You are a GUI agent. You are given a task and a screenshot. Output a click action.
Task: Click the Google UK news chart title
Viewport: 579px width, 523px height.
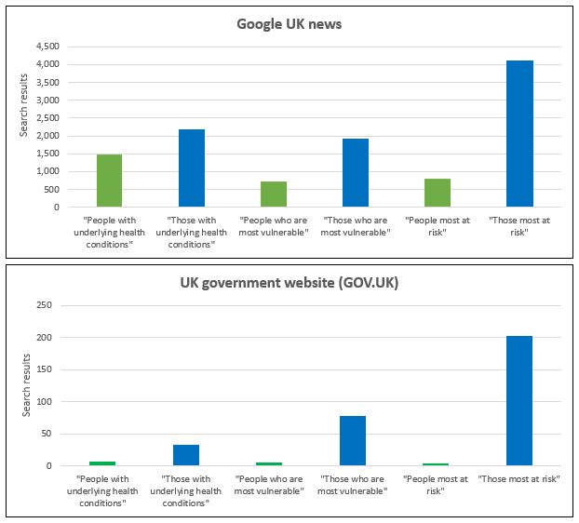289,23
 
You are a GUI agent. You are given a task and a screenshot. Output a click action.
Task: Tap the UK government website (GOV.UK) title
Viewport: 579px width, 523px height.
289,282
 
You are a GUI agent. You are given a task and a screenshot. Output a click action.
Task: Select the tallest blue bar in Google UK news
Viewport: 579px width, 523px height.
519,133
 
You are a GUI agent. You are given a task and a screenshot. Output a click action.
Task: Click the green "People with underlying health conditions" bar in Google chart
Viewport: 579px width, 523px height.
110,181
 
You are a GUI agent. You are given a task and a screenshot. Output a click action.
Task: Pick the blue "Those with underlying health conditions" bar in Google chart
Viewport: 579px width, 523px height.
192,168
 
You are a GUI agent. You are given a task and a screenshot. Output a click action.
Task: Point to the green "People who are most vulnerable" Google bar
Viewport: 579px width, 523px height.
274,194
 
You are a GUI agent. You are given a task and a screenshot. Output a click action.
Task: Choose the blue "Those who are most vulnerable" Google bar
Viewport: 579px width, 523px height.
356,172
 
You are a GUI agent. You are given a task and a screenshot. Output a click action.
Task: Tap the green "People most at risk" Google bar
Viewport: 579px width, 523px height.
438,192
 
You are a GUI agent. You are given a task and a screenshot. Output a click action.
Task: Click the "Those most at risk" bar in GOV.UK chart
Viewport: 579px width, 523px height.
519,401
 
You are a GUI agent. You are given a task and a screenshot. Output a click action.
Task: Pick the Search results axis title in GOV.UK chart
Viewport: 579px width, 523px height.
24,385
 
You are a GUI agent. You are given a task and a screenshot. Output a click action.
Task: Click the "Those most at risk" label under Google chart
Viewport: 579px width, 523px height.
519,226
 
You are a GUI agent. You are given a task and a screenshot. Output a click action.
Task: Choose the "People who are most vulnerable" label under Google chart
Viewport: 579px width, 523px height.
274,226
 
